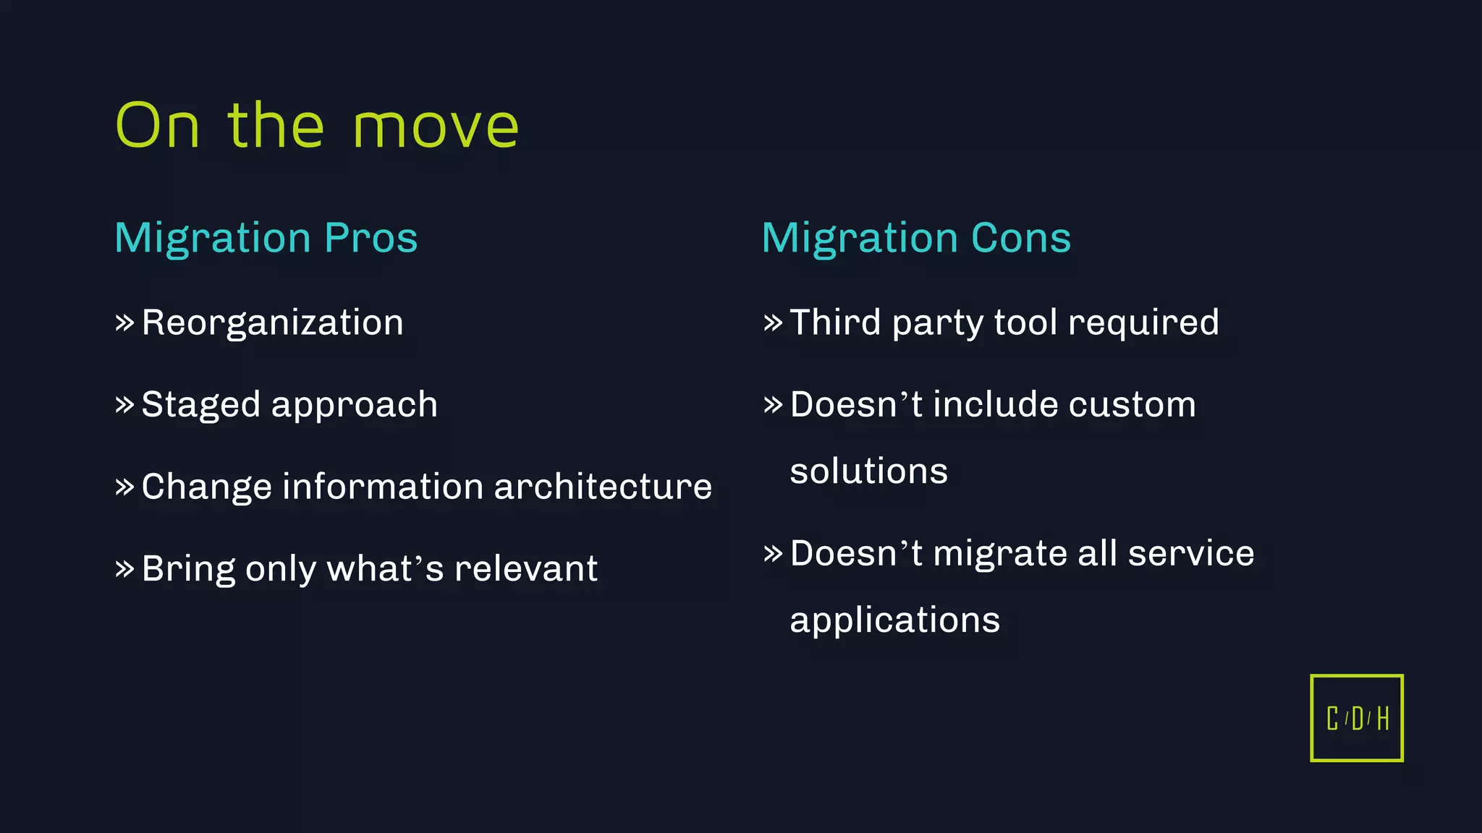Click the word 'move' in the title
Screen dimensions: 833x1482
[x=436, y=127]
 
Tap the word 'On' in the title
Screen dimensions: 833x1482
[x=158, y=126]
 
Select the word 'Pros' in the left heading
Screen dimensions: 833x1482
[x=371, y=238]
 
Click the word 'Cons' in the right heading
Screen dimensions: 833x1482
[x=1021, y=238]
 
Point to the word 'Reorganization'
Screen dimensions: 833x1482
[x=272, y=322]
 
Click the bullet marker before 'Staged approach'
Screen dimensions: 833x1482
[x=124, y=403]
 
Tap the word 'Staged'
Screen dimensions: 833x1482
[x=200, y=405]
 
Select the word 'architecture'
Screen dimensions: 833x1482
[x=603, y=487]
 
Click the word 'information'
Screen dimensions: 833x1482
[x=383, y=487]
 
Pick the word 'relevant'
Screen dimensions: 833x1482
[x=525, y=569]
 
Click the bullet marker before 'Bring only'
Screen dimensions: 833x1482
[x=124, y=568]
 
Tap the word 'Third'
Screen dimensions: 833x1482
[x=835, y=322]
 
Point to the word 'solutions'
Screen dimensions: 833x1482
[x=868, y=471]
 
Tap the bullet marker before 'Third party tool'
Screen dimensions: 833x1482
[x=773, y=322]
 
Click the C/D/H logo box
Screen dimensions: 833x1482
[x=1356, y=718]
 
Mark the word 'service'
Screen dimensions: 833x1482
[x=1191, y=554]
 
